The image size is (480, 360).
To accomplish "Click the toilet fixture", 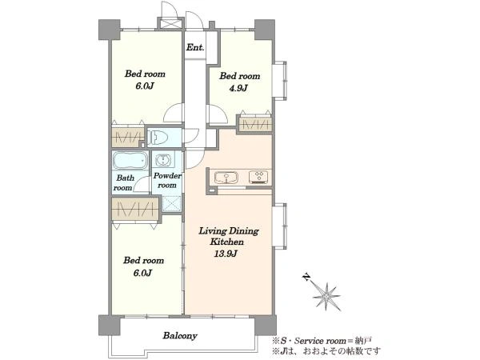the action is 157,138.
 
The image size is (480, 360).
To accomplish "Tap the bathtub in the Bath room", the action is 130,160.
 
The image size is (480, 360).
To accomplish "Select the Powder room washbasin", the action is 162,160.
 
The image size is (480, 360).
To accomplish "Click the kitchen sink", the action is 226,177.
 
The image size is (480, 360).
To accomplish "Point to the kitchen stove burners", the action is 258,177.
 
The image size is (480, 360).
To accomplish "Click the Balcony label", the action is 180,335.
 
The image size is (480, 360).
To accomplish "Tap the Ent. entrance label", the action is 195,47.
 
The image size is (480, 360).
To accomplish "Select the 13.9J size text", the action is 226,254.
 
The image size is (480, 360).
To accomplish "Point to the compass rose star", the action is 326,296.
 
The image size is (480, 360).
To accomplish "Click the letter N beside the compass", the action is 306,277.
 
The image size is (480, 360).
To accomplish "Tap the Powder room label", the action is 167,180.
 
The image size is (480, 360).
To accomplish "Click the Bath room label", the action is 124,182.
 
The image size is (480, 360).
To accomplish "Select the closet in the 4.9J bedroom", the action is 255,125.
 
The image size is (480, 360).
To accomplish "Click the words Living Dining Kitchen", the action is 229,236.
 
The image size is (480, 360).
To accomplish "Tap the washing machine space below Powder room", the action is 171,203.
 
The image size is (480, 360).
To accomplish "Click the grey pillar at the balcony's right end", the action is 265,325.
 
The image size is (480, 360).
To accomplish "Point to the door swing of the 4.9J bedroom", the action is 218,114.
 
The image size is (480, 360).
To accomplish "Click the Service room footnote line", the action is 322,341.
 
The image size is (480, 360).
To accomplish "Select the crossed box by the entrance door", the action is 170,24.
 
